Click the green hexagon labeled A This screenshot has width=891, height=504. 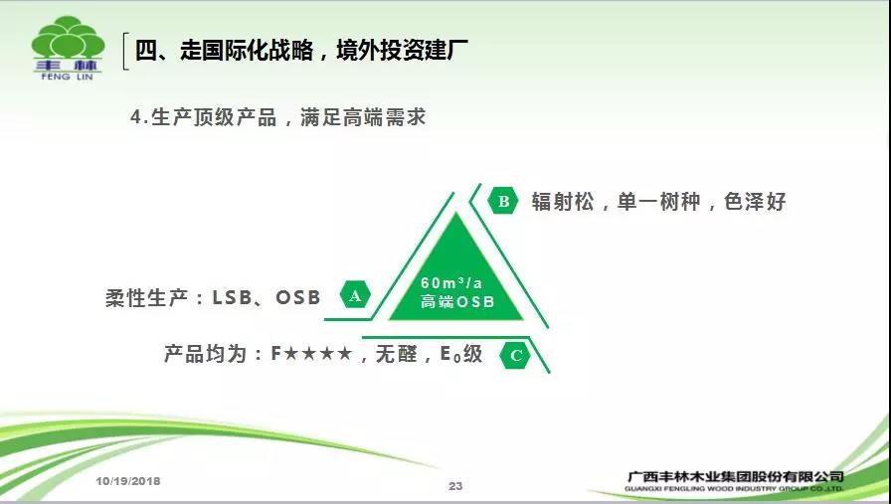(x=355, y=295)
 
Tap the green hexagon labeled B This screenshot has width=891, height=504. (x=503, y=201)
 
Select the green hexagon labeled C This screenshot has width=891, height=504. (x=515, y=355)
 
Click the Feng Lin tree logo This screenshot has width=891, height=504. (x=69, y=49)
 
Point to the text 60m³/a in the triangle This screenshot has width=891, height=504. (x=451, y=282)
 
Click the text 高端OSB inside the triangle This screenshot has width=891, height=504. (x=456, y=301)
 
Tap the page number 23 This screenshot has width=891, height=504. (x=455, y=486)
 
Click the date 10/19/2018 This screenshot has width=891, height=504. (x=128, y=481)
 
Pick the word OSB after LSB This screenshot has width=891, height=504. (x=298, y=297)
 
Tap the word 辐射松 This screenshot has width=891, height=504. (x=563, y=201)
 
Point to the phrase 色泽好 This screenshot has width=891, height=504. (x=755, y=201)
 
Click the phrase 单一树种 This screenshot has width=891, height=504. (x=658, y=201)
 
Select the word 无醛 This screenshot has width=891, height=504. (x=397, y=354)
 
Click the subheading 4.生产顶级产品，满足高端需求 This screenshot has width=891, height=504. (x=277, y=117)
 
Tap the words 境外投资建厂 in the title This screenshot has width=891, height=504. (x=403, y=50)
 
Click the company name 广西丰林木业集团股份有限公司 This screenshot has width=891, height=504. (x=735, y=476)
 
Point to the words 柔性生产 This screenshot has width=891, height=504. (x=146, y=298)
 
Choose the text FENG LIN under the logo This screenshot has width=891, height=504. (x=67, y=77)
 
